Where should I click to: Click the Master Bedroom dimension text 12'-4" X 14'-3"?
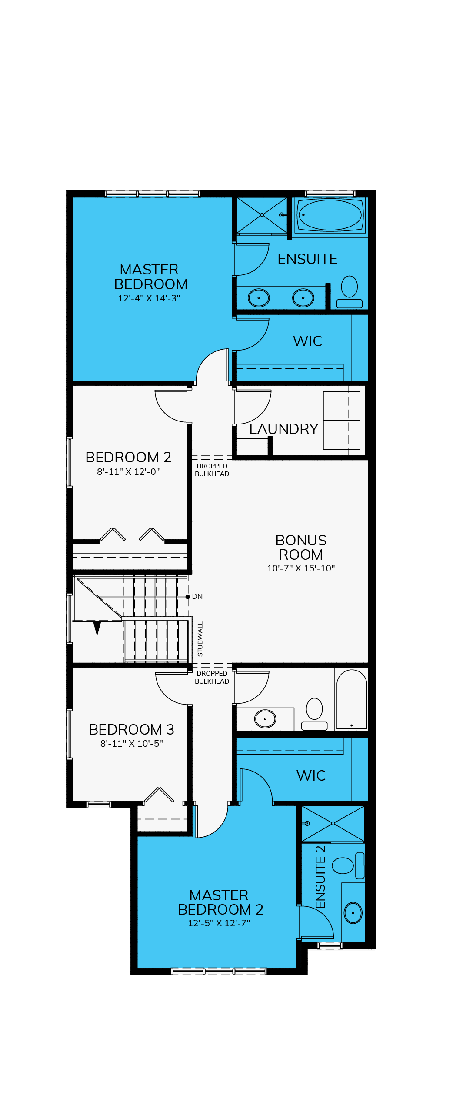click(149, 298)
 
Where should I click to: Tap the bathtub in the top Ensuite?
click(330, 215)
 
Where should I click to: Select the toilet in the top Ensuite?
click(350, 292)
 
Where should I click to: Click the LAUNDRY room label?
click(284, 429)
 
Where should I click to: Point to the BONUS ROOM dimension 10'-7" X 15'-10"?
click(301, 568)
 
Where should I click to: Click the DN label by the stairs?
click(197, 596)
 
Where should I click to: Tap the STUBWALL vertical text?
click(200, 639)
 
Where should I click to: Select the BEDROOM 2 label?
click(128, 457)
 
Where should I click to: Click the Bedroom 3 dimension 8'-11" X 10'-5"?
click(132, 744)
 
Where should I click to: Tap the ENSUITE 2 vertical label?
click(320, 877)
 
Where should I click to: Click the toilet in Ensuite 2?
click(348, 865)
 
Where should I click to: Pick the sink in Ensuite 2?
click(353, 913)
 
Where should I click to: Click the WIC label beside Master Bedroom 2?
click(311, 775)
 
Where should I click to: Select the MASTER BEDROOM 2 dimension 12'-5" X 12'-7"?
click(219, 923)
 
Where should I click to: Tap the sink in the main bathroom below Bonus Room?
click(265, 718)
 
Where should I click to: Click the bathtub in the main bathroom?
click(352, 699)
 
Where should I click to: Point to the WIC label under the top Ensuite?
click(308, 341)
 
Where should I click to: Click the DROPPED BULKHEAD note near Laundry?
click(212, 470)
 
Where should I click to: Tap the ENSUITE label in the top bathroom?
click(307, 259)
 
